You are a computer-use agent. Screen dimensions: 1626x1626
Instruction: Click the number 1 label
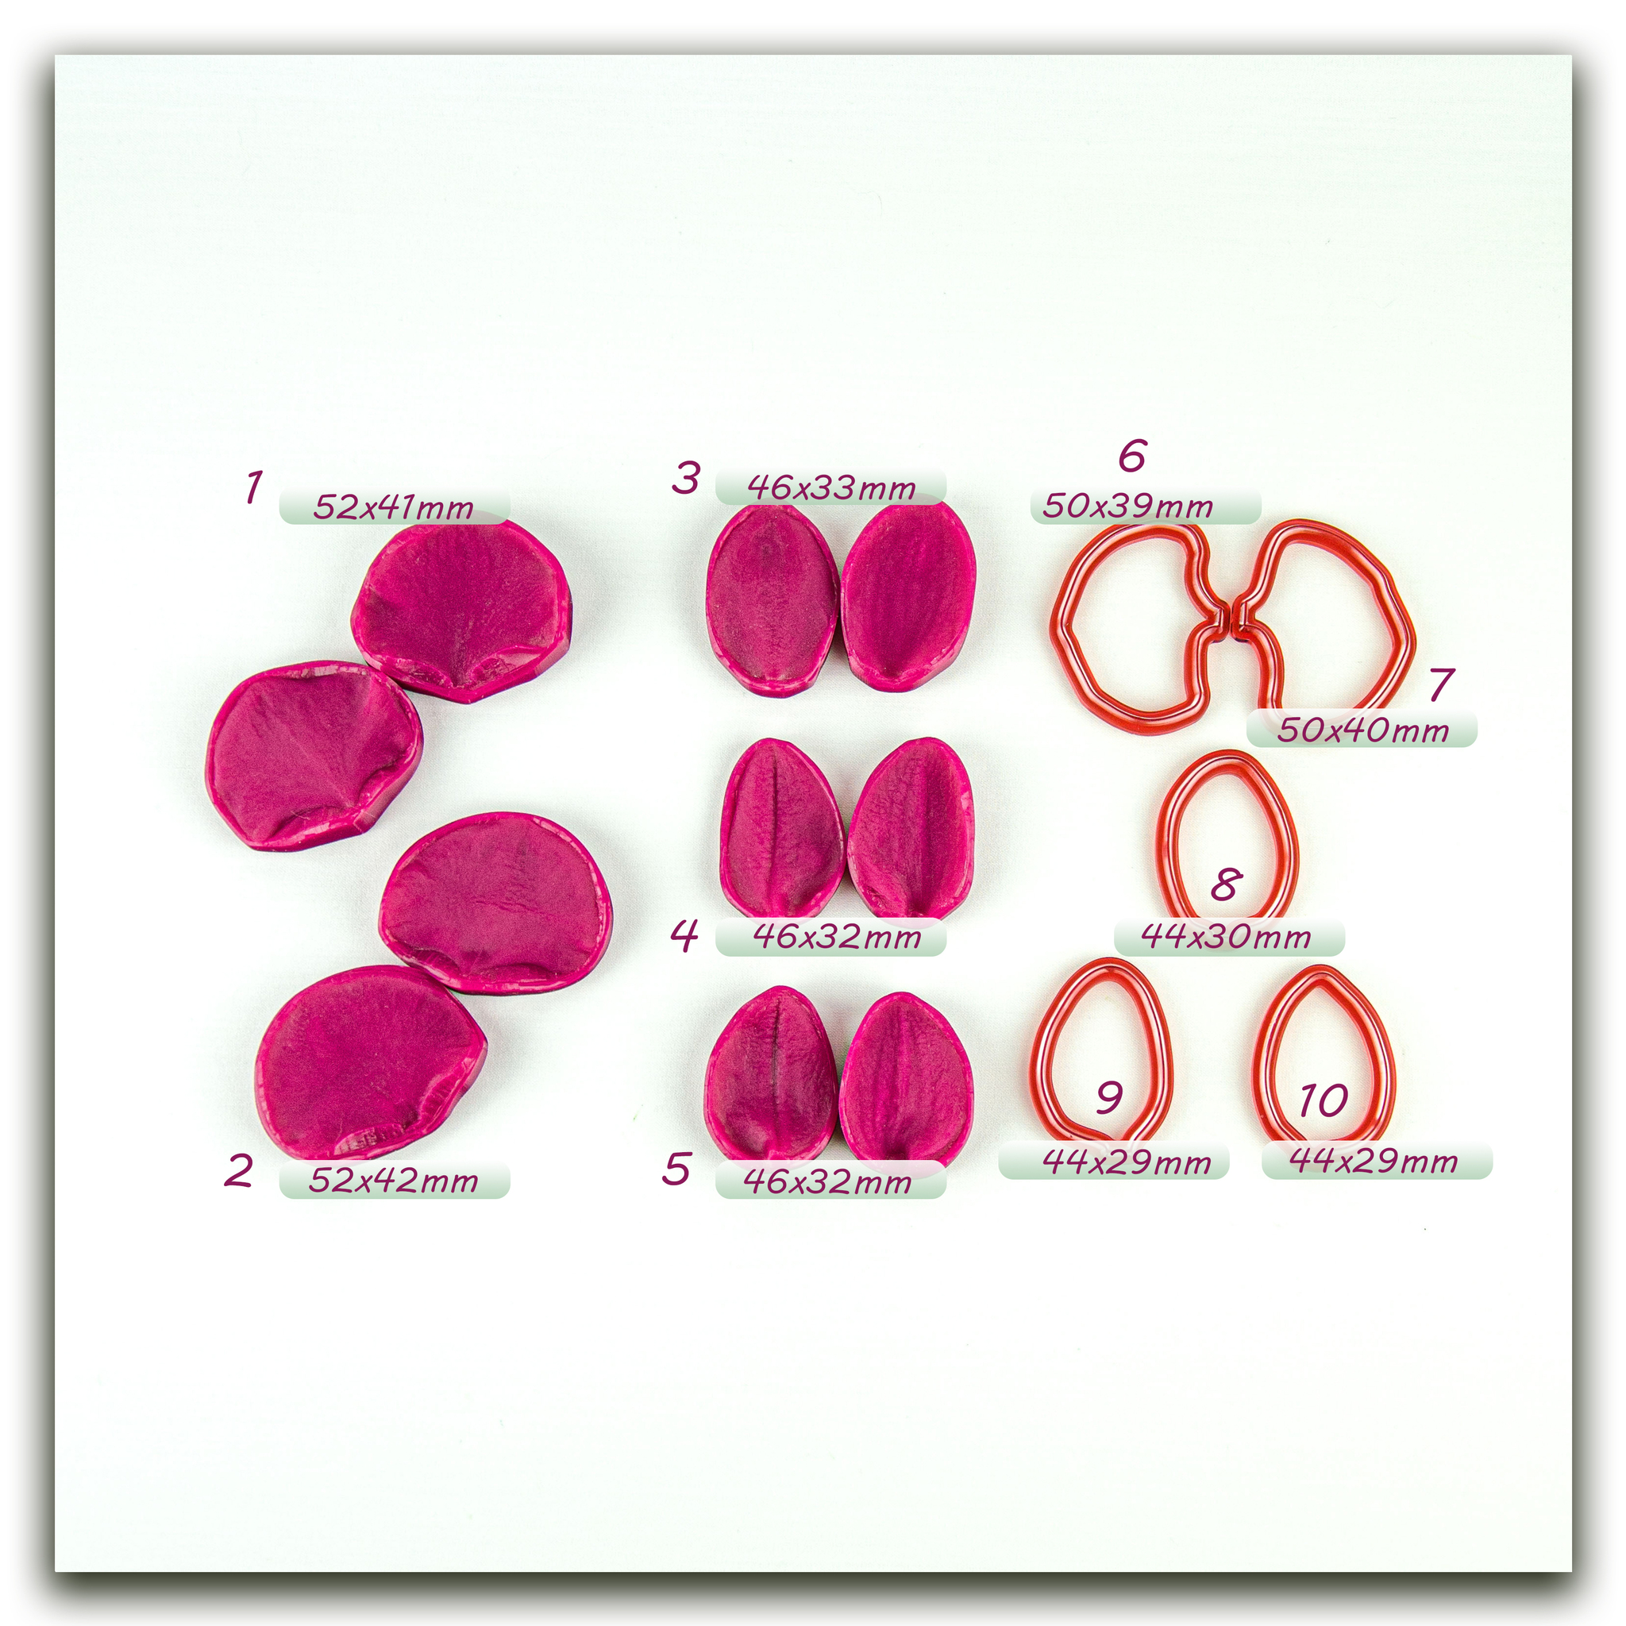pyautogui.click(x=253, y=487)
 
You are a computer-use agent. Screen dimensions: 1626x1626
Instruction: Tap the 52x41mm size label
pyautogui.click(x=393, y=507)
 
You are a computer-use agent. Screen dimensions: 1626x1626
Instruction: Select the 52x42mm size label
pyautogui.click(x=393, y=1180)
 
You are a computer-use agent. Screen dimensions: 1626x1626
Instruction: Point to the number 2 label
pyautogui.click(x=238, y=1171)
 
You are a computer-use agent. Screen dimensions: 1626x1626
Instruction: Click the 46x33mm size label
pyautogui.click(x=830, y=487)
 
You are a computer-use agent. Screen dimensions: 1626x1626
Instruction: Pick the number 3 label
pyautogui.click(x=686, y=478)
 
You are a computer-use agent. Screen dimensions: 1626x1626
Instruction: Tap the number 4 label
pyautogui.click(x=684, y=935)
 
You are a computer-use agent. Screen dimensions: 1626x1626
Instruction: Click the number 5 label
pyautogui.click(x=676, y=1169)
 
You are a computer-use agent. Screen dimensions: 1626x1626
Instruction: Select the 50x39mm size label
pyautogui.click(x=1127, y=506)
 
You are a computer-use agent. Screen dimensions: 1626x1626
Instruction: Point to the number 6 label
pyautogui.click(x=1132, y=457)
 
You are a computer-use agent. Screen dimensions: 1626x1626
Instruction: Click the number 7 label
pyautogui.click(x=1442, y=684)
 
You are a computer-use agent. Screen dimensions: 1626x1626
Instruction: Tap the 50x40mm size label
pyautogui.click(x=1362, y=730)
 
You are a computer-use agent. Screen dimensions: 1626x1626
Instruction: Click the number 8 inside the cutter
pyautogui.click(x=1226, y=884)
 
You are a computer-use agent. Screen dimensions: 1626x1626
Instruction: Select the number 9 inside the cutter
pyautogui.click(x=1109, y=1096)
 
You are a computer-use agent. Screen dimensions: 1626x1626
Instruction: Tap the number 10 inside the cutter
pyautogui.click(x=1323, y=1100)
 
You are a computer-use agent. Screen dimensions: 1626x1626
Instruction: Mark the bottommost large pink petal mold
pyautogui.click(x=370, y=1062)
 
